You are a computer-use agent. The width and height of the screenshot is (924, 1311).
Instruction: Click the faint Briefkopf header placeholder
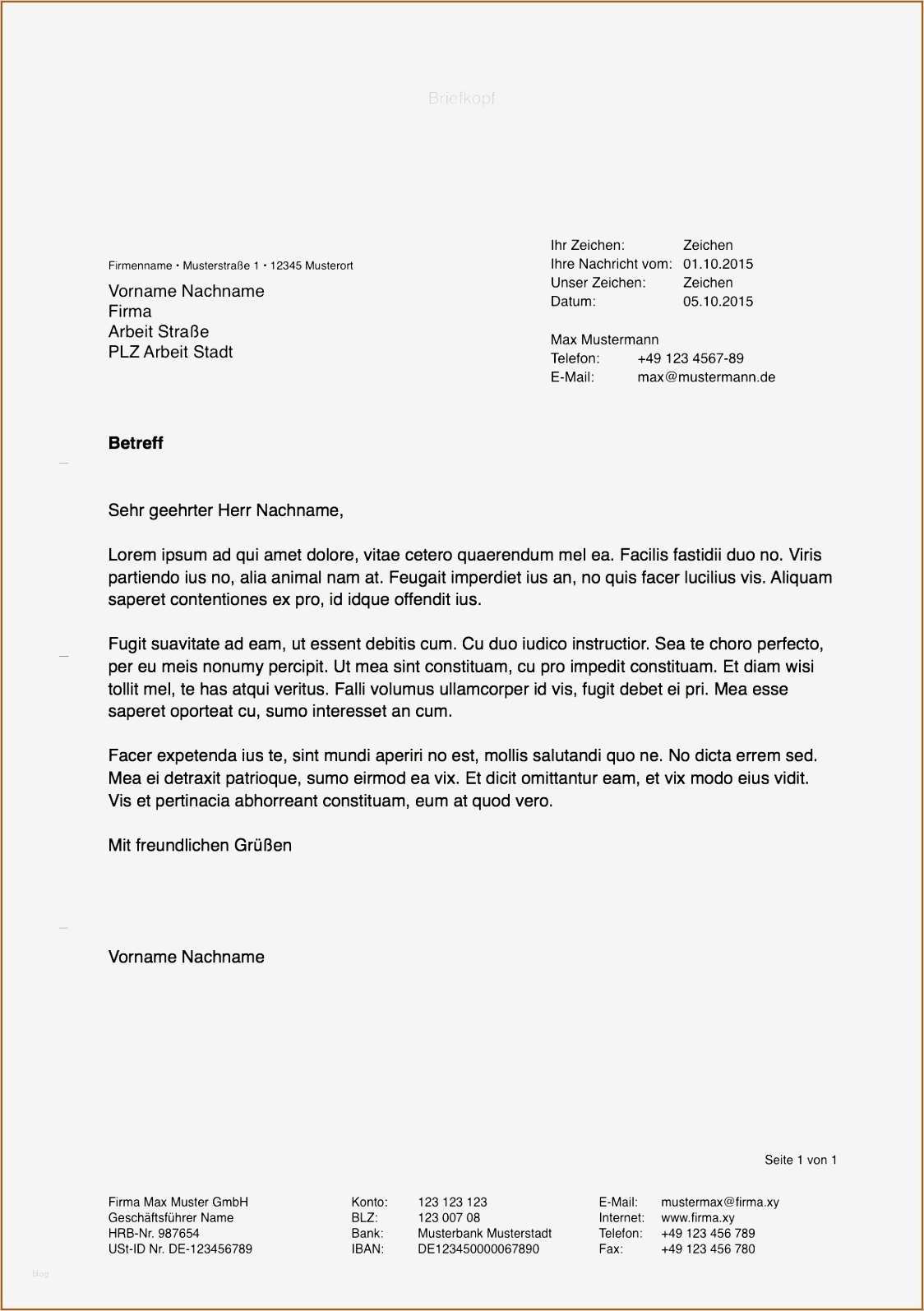point(461,98)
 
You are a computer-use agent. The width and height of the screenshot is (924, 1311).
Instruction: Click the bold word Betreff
point(136,443)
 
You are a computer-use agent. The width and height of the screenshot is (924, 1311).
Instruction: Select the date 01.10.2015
point(718,264)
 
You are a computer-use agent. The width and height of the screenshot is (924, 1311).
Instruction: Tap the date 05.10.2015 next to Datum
point(718,302)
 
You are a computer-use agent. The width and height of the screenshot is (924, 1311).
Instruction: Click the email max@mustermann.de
point(706,377)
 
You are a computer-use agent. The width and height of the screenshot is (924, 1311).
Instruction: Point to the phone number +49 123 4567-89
point(690,358)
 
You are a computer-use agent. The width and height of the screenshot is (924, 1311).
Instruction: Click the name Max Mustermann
point(604,339)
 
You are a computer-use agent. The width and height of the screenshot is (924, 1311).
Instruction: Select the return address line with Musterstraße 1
point(230,265)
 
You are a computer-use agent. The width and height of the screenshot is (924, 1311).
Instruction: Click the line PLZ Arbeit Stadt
point(170,352)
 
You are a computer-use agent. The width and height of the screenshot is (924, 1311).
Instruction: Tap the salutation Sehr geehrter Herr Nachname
point(225,510)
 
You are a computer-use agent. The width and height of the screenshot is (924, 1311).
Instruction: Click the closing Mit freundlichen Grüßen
point(200,845)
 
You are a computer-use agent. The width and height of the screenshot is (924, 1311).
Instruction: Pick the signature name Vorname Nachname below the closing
point(186,957)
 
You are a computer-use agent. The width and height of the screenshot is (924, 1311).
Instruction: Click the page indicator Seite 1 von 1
point(800,1160)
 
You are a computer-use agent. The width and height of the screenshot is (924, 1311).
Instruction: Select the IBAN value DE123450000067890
point(478,1249)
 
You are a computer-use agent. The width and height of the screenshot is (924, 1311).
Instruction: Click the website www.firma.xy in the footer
point(697,1217)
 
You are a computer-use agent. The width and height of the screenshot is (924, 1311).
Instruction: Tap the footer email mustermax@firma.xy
point(719,1202)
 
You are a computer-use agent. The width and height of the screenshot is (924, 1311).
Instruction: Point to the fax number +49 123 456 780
point(707,1249)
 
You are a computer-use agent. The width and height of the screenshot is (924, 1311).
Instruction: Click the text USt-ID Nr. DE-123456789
point(180,1249)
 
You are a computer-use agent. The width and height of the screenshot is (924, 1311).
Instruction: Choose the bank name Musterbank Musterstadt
point(484,1233)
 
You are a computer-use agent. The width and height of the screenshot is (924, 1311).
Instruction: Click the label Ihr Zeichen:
point(587,245)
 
